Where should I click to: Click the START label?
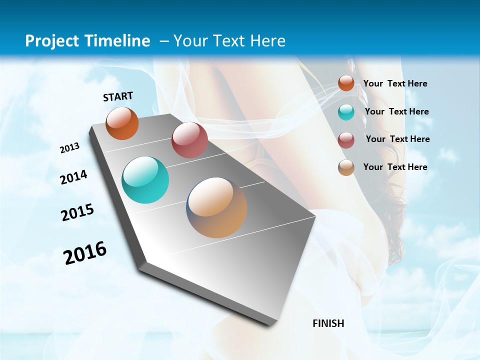(x=118, y=96)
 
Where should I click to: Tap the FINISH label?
(x=328, y=323)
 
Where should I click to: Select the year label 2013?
(x=69, y=148)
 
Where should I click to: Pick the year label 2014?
(x=73, y=177)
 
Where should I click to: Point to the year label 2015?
(x=77, y=212)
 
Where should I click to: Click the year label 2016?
(x=85, y=252)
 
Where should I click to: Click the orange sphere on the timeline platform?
(x=122, y=123)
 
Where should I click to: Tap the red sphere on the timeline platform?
(x=189, y=140)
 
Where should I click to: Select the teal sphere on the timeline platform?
(x=145, y=180)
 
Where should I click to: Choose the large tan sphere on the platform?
(x=216, y=207)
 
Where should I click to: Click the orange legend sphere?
(x=346, y=83)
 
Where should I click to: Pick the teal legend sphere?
(x=346, y=112)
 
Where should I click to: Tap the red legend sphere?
(x=346, y=140)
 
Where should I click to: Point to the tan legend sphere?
(x=346, y=167)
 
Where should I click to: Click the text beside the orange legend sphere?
(x=395, y=83)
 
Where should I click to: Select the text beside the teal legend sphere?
(x=396, y=111)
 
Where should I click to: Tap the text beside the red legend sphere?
(x=397, y=139)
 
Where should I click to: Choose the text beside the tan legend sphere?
(x=395, y=167)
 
